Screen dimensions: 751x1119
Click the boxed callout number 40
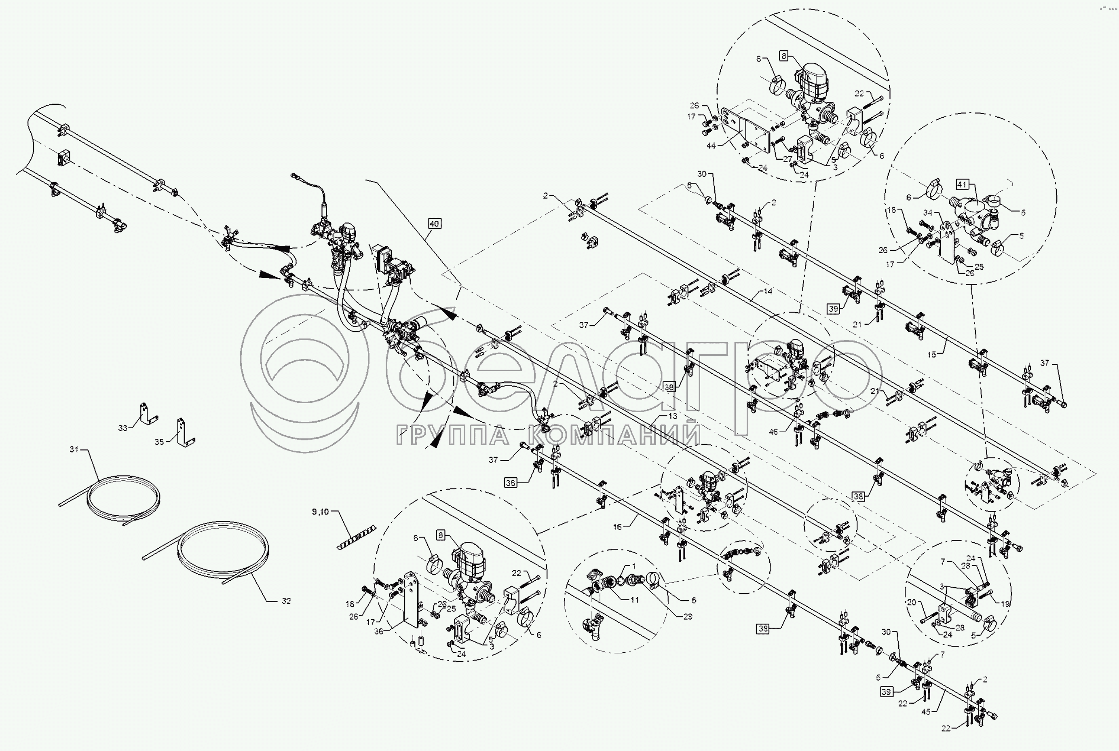tap(434, 224)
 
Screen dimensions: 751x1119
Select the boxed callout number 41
tap(963, 184)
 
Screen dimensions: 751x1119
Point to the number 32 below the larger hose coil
tap(286, 601)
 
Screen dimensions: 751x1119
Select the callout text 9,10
tap(320, 512)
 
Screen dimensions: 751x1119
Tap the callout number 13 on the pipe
tap(673, 416)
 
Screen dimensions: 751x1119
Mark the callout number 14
tap(768, 291)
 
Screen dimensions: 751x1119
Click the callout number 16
tap(617, 527)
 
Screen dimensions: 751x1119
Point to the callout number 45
tap(925, 712)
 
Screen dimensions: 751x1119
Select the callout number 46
tap(773, 432)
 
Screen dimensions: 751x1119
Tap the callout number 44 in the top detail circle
tap(711, 146)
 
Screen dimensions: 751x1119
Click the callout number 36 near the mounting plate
tap(378, 631)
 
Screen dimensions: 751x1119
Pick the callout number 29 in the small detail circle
tap(688, 616)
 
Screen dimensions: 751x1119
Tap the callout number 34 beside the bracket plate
tap(927, 213)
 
